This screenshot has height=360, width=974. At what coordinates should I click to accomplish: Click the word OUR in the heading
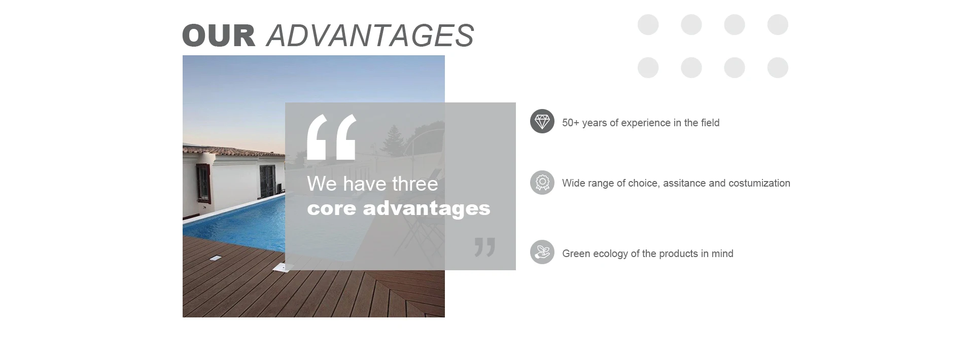point(219,35)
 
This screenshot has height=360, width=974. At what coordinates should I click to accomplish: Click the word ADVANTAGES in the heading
point(370,35)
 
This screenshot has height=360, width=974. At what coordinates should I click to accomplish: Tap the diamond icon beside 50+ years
point(542,121)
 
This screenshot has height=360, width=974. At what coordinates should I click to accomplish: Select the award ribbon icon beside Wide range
point(542,183)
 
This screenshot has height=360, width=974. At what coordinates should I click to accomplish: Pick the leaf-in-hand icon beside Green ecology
point(542,252)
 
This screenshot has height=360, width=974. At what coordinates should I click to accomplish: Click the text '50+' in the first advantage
point(571,123)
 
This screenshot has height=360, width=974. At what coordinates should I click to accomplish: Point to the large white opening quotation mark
point(332,137)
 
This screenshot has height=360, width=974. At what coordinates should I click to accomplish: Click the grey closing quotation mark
point(485,247)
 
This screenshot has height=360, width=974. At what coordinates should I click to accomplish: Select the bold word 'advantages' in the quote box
point(427,208)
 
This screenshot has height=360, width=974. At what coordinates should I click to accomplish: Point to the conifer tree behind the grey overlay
point(392,140)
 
